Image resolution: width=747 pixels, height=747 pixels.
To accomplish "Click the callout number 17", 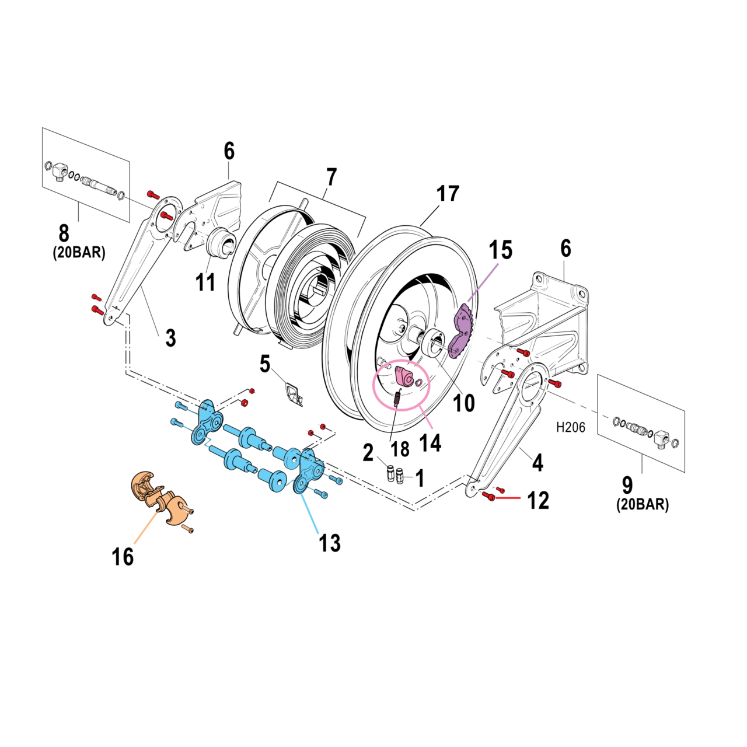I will coord(448,194).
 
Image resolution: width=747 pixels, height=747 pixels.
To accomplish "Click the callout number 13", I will coord(329,543).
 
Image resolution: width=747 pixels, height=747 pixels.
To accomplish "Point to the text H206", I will coord(570,427).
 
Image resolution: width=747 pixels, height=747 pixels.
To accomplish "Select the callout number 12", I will coord(538,501).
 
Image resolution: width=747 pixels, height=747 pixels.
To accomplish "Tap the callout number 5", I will coord(265,365).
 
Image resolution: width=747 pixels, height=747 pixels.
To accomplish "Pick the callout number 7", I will coord(331,176).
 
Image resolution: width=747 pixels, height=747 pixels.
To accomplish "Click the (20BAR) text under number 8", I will coord(79,253).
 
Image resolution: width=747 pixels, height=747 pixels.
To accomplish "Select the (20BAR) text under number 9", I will coord(643,505).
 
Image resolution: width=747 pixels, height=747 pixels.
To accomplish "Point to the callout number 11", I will coord(205,283).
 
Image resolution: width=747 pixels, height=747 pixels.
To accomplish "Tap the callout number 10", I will coord(465,403).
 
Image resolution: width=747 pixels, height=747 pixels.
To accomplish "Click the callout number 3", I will coord(170,337).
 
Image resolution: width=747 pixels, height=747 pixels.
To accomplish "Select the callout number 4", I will coord(537,463).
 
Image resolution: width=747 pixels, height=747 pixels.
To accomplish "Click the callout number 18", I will coord(400,449).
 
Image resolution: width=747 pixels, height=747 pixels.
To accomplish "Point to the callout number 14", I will coord(430,443).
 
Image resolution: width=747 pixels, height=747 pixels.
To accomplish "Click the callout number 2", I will coord(368,452).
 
